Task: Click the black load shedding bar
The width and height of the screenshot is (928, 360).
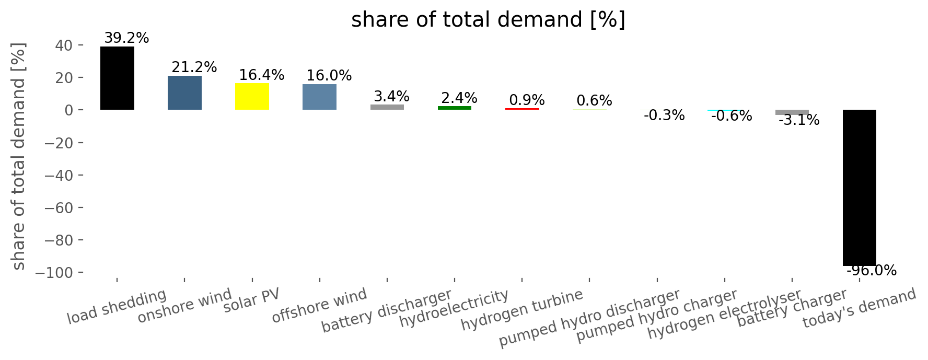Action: pos(117,78)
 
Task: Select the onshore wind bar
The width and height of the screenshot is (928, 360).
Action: pos(184,92)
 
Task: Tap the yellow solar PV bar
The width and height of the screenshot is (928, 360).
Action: pos(252,97)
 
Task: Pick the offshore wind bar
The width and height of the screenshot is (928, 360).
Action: pos(319,97)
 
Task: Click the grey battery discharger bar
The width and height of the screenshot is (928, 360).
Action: pos(387,107)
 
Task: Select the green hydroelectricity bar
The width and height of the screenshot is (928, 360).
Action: pos(455,108)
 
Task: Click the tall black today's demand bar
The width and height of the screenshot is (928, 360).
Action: pos(860,188)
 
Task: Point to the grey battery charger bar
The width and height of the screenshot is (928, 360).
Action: pos(792,112)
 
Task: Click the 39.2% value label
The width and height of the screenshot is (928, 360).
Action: pos(126,38)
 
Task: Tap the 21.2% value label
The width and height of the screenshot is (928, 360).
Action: pos(194,67)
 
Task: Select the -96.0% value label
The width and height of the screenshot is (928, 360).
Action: pos(871,271)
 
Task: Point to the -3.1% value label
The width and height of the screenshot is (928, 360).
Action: pos(799,120)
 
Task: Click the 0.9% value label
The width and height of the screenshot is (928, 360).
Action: pos(527,100)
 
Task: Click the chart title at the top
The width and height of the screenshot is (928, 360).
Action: pos(488,20)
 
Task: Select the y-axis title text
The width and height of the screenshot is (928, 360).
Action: pos(18,156)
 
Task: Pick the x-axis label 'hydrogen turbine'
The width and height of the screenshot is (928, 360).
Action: pos(521,309)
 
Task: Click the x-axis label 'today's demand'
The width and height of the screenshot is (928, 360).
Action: pos(859,308)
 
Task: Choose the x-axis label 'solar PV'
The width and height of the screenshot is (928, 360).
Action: pos(251,300)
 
